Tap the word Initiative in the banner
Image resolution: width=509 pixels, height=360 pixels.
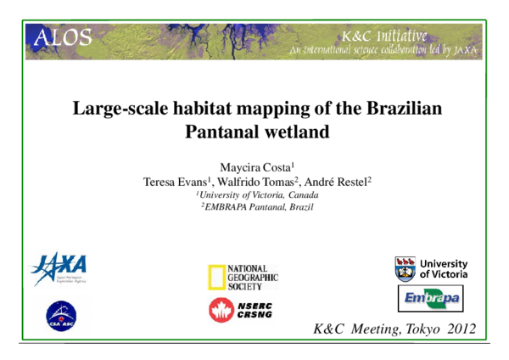398,37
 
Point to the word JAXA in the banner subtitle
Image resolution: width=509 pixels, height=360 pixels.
465,50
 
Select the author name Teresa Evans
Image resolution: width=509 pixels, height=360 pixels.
175,182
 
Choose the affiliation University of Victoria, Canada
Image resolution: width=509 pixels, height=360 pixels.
255,195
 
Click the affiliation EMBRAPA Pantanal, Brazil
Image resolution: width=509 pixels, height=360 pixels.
255,208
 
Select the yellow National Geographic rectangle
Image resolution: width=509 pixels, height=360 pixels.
217,277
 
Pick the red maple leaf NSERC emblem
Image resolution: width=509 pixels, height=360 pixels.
219,312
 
